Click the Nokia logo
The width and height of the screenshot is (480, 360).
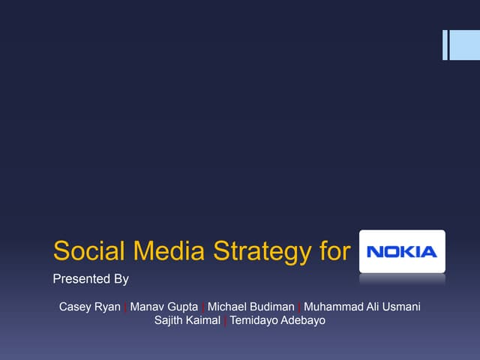point(402,251)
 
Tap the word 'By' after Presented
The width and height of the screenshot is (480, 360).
point(121,280)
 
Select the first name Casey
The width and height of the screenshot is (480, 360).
point(76,307)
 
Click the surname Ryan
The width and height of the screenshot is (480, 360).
point(108,307)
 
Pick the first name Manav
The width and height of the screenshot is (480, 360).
point(148,307)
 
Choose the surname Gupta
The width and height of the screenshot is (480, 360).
point(183,307)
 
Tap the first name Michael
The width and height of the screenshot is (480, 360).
point(228,307)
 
